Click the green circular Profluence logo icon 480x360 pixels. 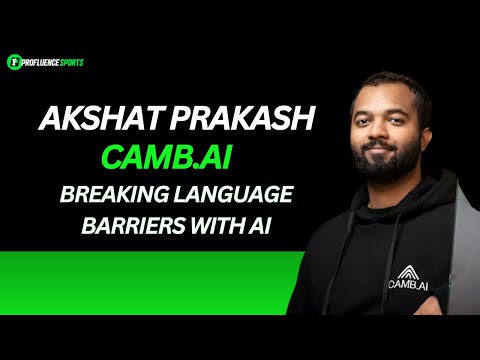[13, 62]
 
